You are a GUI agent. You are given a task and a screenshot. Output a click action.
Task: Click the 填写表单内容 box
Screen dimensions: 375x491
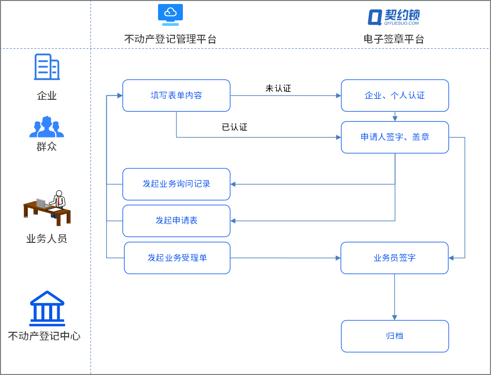(x=176, y=95)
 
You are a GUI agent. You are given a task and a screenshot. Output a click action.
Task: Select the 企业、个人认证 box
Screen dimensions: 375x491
(x=395, y=95)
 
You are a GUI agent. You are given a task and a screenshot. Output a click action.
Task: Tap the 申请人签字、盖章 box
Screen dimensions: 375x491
(x=395, y=137)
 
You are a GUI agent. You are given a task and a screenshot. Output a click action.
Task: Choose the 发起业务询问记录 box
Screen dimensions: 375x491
(x=176, y=184)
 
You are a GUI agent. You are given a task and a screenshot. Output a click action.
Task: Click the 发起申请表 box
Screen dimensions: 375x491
(x=176, y=221)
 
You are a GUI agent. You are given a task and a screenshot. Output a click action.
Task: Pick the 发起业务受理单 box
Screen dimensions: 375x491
(x=177, y=258)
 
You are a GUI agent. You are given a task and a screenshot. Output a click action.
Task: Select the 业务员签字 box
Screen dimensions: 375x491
(x=394, y=258)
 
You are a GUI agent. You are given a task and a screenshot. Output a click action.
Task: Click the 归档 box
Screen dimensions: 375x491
(x=395, y=336)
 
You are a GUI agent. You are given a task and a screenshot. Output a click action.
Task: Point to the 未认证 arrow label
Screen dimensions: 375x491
(x=278, y=88)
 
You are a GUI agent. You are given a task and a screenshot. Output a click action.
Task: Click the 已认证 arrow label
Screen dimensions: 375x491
(x=234, y=127)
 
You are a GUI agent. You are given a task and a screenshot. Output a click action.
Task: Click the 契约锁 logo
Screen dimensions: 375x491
(x=394, y=16)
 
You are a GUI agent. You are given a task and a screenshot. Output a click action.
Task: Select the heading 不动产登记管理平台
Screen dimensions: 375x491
(x=170, y=39)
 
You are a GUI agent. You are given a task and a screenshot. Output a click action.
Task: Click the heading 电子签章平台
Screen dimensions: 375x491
(x=394, y=39)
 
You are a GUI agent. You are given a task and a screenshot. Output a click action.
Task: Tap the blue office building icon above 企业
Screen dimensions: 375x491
(x=47, y=67)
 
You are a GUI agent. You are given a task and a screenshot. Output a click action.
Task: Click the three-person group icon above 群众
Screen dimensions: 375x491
(x=47, y=127)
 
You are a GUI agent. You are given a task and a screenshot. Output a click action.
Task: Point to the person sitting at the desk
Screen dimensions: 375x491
(x=48, y=206)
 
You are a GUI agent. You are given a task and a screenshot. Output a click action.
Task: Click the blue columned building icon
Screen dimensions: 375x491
(x=47, y=307)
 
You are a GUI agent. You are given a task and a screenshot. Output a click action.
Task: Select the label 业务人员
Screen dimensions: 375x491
(x=47, y=239)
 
